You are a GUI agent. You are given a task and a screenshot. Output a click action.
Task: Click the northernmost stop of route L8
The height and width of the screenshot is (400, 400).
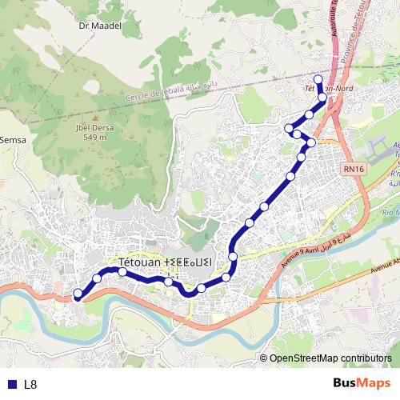pos(317,78)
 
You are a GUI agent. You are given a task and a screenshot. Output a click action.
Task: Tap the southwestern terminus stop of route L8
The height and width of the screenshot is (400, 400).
pos(77,294)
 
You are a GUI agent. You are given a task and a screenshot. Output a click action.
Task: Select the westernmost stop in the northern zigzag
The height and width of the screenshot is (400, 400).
pos(289,127)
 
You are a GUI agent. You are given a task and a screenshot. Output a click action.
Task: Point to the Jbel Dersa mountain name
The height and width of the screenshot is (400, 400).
pos(92,126)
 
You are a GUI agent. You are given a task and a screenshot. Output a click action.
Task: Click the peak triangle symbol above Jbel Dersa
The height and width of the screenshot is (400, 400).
pos(94,116)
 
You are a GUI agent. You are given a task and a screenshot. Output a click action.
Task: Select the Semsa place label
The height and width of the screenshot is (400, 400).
pos(13,140)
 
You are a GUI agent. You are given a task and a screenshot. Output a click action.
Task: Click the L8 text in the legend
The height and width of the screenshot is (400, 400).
pos(30,384)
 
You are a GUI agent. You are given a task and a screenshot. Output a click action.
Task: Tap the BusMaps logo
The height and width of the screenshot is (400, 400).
pos(362,383)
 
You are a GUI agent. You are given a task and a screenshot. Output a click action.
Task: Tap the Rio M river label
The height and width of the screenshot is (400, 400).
pos(390,212)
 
